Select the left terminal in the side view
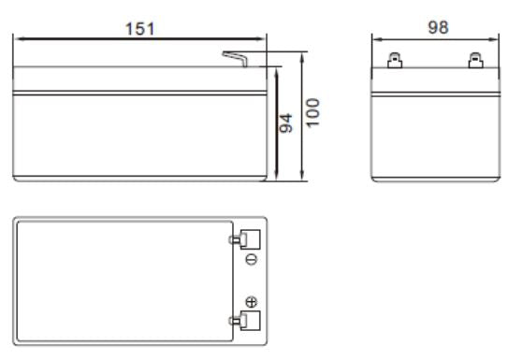(396, 63)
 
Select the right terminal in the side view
(475, 63)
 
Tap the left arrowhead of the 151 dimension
(18, 38)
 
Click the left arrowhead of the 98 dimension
(376, 38)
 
